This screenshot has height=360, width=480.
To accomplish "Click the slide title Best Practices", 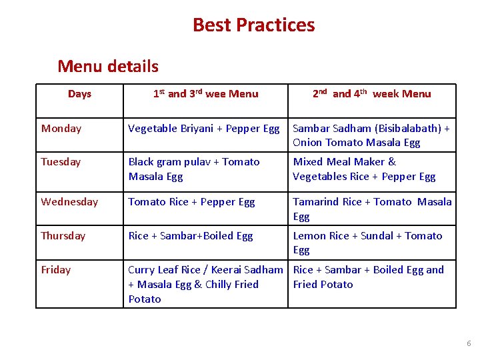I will point(253,25).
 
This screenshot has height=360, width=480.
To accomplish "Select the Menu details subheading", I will point(108,66).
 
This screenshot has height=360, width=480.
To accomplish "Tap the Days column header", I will point(79,94).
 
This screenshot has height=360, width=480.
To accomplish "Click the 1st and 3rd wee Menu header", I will point(205,94).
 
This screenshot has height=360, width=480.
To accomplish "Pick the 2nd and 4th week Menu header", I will point(372,94).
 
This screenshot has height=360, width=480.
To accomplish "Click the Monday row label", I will point(61,129).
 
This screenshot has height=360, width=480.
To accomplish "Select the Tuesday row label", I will point(61,162).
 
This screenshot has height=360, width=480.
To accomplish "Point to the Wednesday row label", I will point(69,202).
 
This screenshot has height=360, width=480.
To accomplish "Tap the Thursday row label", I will point(63,236).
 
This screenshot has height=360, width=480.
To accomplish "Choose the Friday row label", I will point(56,270).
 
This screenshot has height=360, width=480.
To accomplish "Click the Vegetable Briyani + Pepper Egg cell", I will point(204,129).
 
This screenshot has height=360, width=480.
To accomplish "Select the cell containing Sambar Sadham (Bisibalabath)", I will point(371,135).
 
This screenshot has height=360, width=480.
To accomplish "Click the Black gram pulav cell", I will point(194,169).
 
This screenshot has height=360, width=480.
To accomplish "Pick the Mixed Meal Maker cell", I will point(364,169).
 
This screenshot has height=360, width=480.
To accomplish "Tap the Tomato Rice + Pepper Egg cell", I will point(191,202).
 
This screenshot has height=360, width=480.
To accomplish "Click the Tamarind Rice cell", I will point(372,209).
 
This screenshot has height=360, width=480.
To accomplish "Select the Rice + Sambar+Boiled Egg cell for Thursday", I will point(191,236).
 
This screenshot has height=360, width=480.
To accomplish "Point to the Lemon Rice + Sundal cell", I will point(367,243).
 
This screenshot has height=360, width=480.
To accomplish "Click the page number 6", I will point(469,343).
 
